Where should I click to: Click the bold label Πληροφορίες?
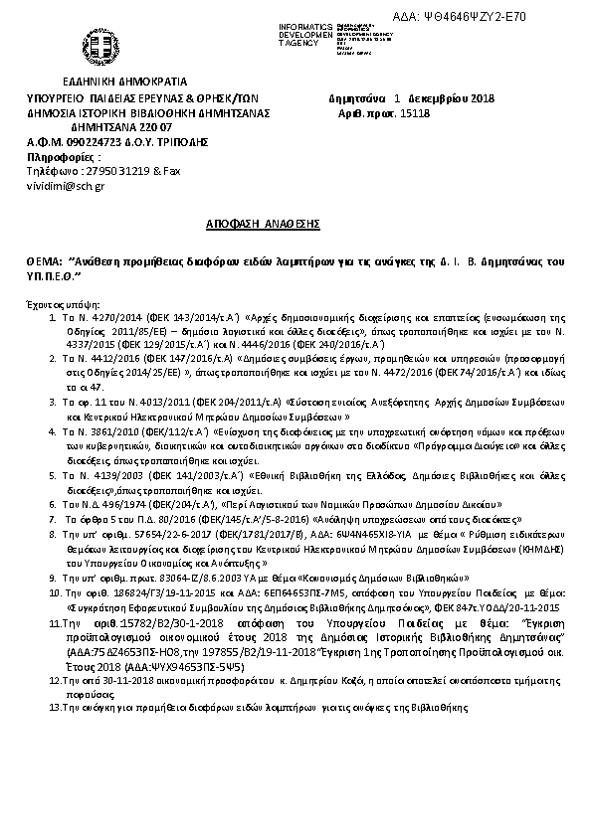[x=63, y=157]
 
